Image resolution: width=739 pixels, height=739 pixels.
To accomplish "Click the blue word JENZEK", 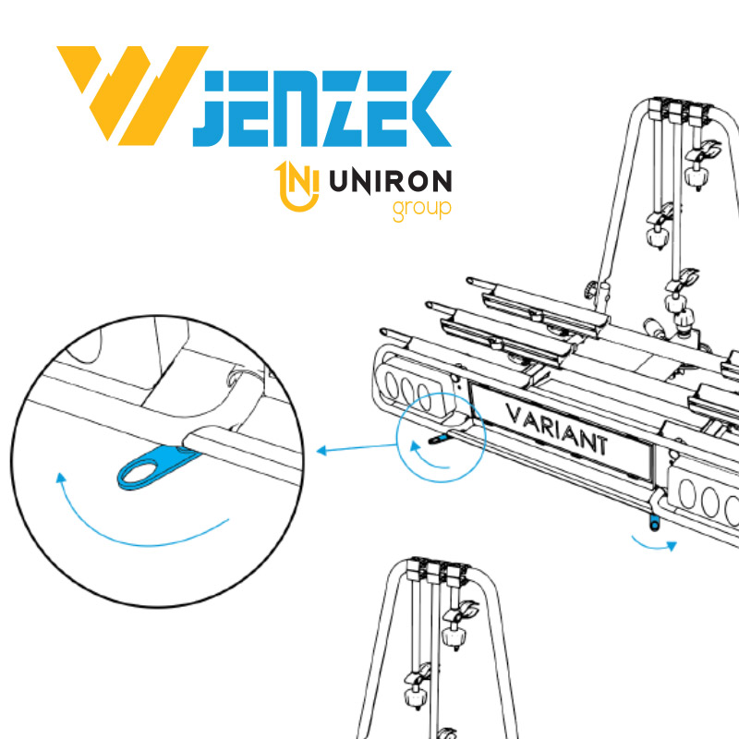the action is [322, 108].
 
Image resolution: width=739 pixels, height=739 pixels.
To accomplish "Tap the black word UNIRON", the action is [390, 182].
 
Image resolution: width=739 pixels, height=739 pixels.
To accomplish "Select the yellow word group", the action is [422, 210].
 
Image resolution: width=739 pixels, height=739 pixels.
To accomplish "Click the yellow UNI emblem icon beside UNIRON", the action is [297, 187].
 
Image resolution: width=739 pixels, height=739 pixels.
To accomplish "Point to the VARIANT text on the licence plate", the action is [557, 430].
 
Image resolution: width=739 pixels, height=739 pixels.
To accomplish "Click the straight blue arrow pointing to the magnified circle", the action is [357, 448].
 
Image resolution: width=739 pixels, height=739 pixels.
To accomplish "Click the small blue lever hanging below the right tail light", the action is [654, 522].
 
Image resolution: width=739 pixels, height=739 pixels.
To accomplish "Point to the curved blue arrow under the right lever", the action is [654, 546].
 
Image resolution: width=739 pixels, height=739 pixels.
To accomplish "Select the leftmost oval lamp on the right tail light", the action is [686, 495].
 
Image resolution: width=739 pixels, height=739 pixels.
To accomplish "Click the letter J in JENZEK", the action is [211, 108].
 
